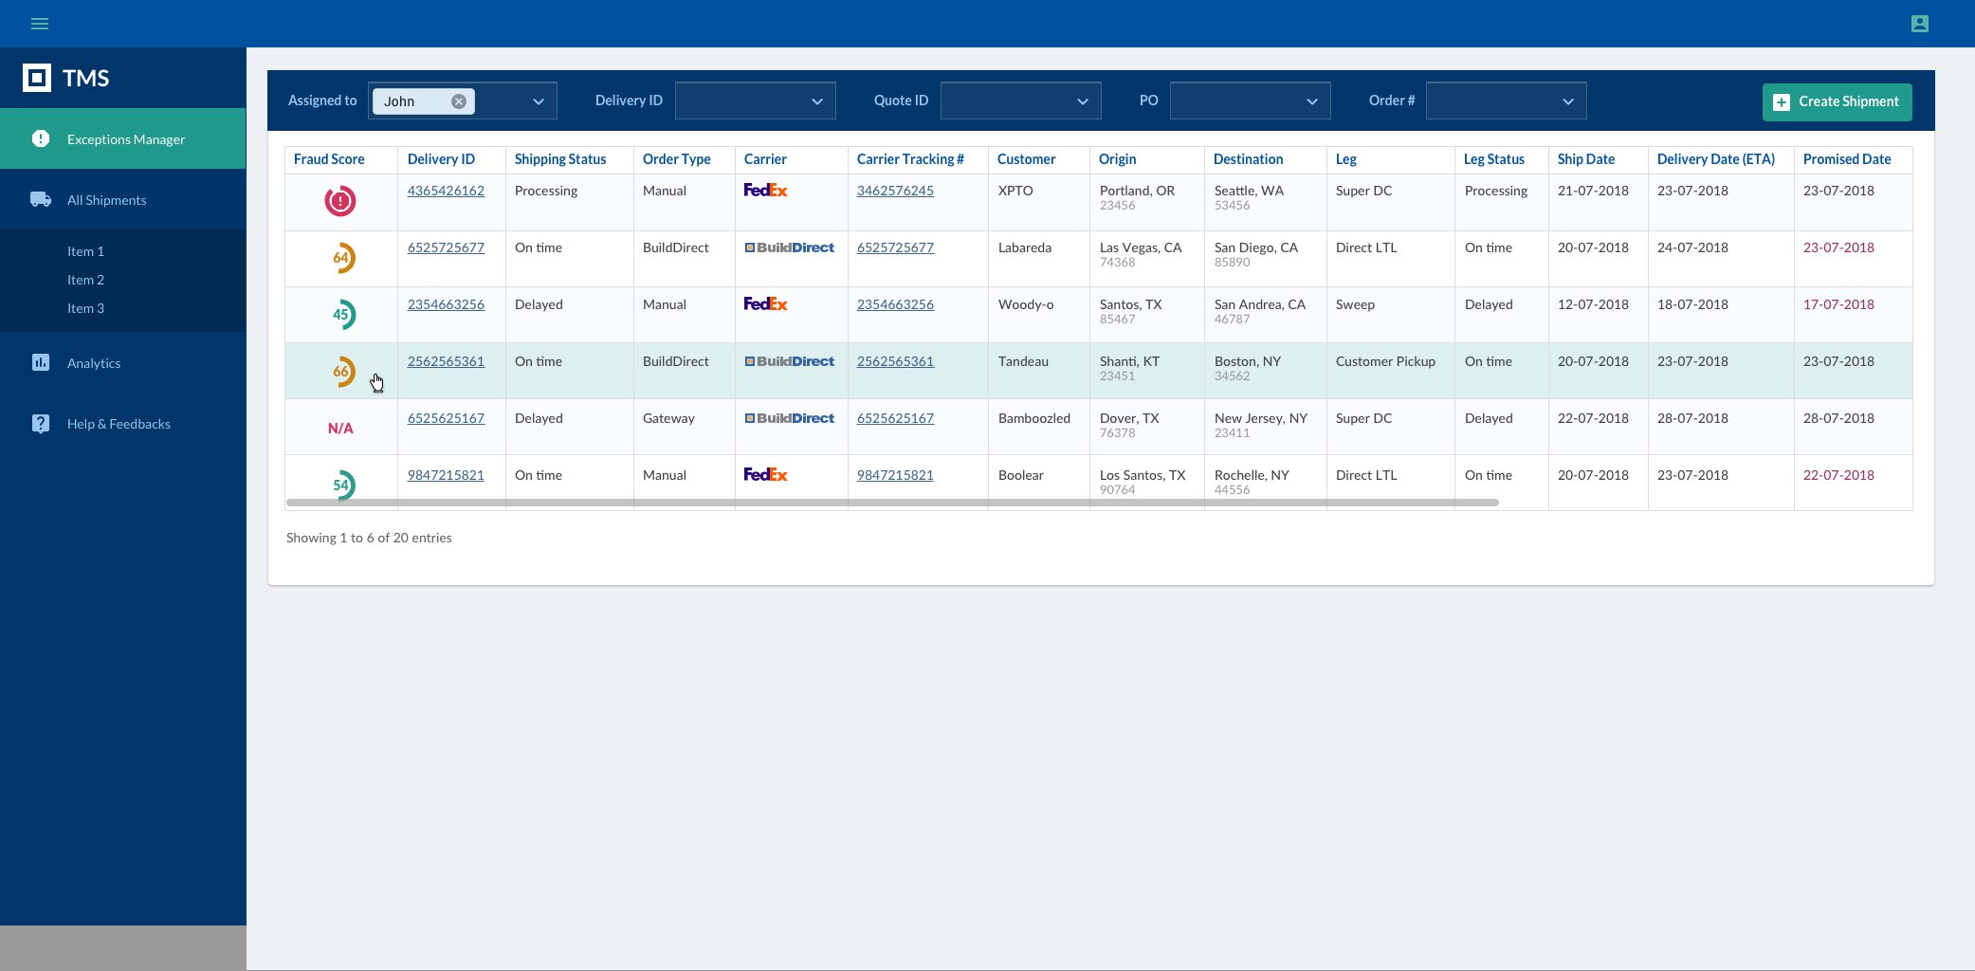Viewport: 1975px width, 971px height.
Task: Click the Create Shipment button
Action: click(1837, 101)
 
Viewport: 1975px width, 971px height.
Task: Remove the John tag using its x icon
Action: click(459, 101)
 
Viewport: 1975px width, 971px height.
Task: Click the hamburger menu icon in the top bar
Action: click(40, 24)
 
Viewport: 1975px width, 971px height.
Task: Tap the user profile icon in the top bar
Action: click(1920, 24)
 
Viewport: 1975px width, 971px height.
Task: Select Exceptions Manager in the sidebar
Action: click(125, 139)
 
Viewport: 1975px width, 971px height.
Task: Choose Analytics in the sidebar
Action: click(94, 363)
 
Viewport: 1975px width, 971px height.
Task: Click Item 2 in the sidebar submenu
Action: click(85, 280)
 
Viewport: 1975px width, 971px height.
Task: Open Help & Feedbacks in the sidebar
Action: click(119, 424)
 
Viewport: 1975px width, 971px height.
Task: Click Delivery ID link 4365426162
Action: click(446, 191)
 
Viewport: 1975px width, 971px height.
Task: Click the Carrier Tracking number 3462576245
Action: click(895, 191)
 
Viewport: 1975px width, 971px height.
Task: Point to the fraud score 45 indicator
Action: click(342, 315)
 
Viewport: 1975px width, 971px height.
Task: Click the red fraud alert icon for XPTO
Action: click(340, 201)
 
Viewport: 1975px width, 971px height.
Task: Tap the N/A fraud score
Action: click(340, 429)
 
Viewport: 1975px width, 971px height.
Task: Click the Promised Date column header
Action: click(1846, 159)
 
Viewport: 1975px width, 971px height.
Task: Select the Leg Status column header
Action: click(1493, 159)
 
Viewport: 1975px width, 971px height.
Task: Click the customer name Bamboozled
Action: click(1033, 418)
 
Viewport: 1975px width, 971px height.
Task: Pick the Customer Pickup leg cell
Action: click(1385, 361)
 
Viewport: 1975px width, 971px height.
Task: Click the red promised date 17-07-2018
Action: click(1838, 304)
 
